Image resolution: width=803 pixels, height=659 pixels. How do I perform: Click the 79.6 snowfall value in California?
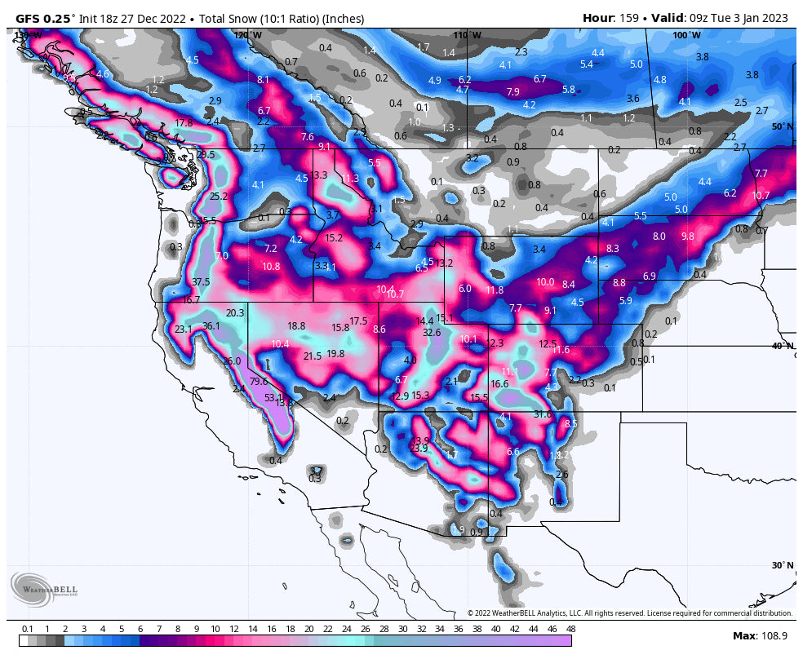[x=259, y=381]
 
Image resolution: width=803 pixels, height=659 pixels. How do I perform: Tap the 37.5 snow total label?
[x=201, y=281]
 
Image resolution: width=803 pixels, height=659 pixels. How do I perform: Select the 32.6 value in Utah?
[x=432, y=332]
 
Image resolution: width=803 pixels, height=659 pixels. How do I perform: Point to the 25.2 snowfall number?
[x=219, y=197]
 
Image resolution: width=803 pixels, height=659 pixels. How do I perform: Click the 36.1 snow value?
[x=211, y=325]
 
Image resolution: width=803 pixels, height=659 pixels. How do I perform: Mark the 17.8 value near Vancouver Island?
[x=184, y=123]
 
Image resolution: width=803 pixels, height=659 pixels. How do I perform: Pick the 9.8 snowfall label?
[x=687, y=237]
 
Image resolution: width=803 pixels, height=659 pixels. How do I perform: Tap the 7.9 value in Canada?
[x=513, y=92]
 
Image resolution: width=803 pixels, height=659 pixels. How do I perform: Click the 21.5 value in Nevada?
[x=313, y=356]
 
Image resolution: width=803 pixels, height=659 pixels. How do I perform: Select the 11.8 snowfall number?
[x=495, y=290]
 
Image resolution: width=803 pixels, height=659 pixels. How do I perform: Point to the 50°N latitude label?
[x=782, y=126]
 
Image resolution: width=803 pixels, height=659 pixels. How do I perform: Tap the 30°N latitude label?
[x=782, y=565]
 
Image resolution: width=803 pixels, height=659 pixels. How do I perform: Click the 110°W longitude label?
[x=468, y=35]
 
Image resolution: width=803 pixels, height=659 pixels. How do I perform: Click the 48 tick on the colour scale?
[x=570, y=629]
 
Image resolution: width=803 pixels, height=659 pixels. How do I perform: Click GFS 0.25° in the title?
[x=46, y=18]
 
